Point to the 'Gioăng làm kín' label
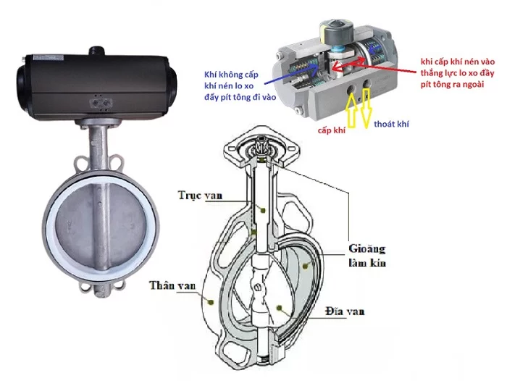[366, 256]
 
